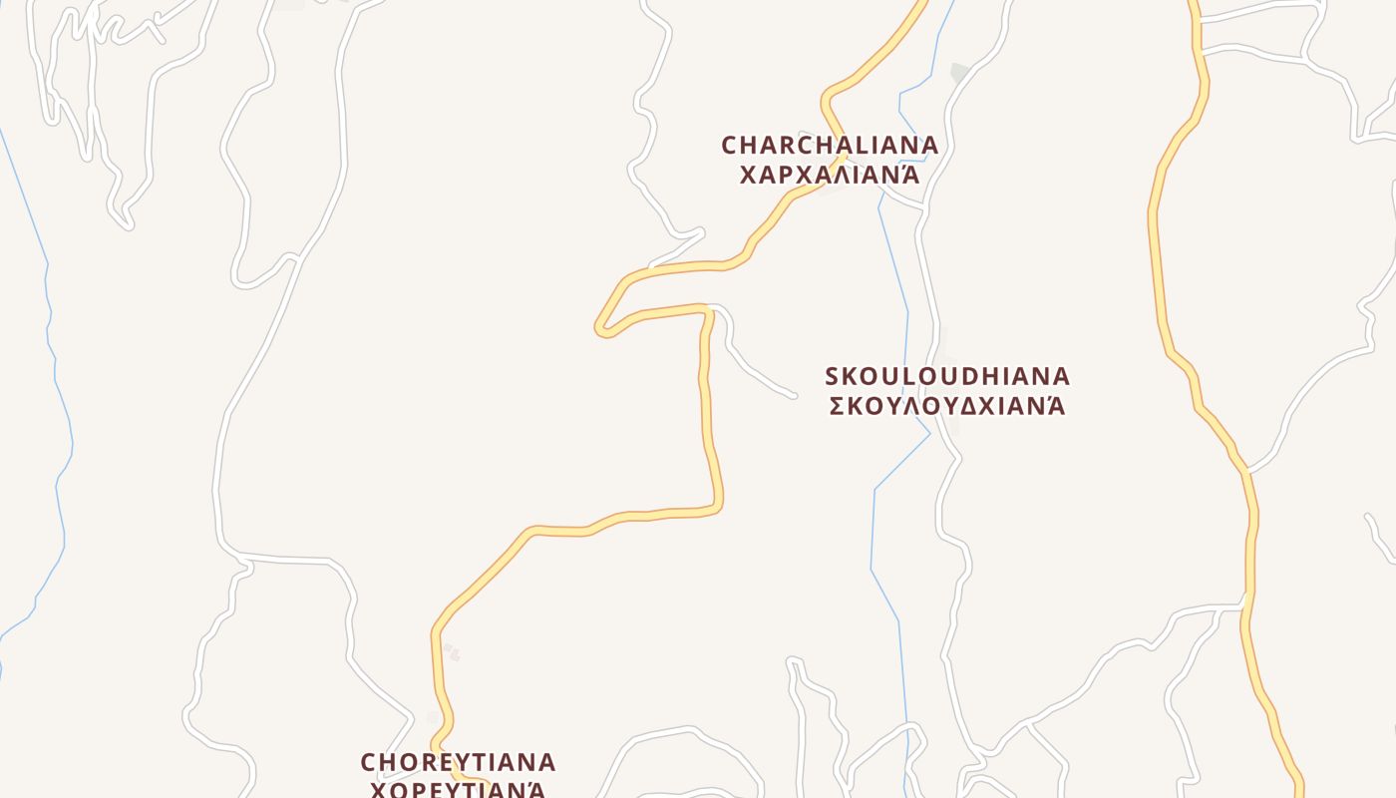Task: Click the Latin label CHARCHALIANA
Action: coord(830,146)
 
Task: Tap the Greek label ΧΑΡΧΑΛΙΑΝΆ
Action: coord(828,176)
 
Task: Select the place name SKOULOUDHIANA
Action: coord(947,377)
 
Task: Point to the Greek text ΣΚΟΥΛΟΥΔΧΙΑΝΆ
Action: coord(947,406)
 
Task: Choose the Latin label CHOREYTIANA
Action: coord(458,763)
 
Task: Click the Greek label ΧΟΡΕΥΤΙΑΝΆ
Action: coord(458,790)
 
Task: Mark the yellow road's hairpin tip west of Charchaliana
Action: coord(601,328)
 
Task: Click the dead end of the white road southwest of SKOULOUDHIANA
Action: coord(794,396)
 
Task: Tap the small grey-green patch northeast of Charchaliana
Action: coord(959,72)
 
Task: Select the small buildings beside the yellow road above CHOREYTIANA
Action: coord(451,652)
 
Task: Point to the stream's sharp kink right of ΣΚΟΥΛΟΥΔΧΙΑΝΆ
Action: coord(929,433)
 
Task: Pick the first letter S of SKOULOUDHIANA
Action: coord(833,377)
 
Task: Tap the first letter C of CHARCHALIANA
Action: coord(729,146)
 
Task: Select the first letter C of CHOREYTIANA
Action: coord(369,763)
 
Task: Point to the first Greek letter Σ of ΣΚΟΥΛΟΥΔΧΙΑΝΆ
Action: coord(838,406)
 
